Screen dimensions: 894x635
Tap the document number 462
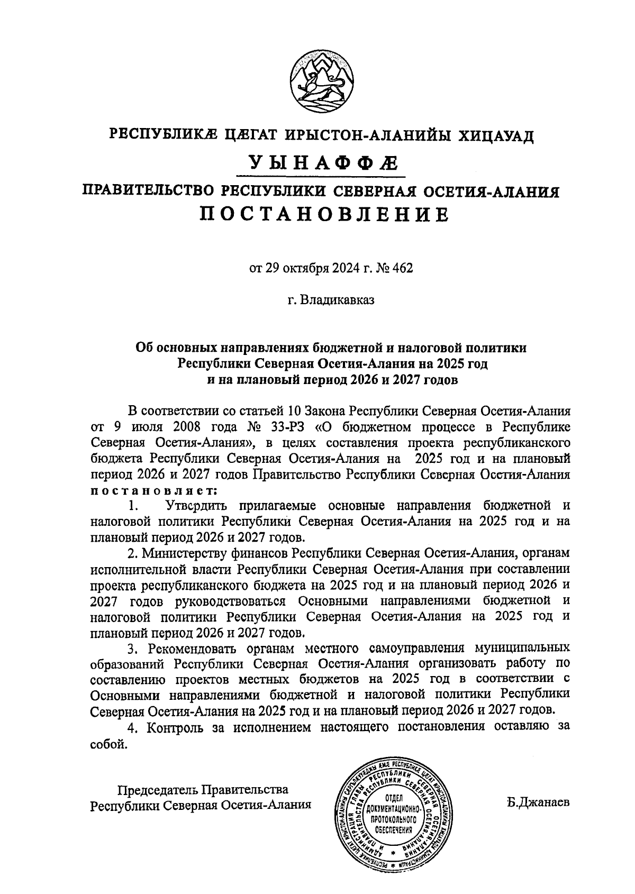click(401, 268)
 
